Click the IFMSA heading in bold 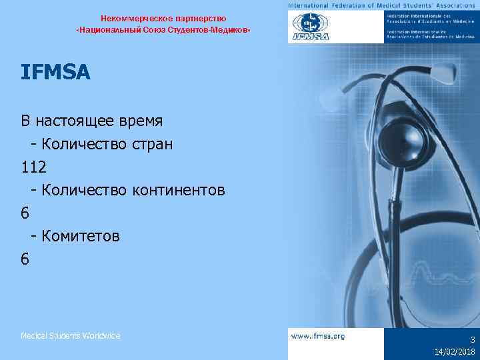click(x=55, y=73)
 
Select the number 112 click(x=33, y=167)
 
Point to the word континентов click(x=178, y=190)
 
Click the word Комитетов click(x=81, y=235)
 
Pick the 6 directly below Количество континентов click(x=25, y=213)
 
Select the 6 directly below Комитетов click(x=25, y=258)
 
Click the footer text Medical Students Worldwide click(x=70, y=336)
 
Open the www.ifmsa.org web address click(x=318, y=337)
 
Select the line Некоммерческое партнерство click(x=163, y=18)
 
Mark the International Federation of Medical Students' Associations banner click(x=383, y=5)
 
